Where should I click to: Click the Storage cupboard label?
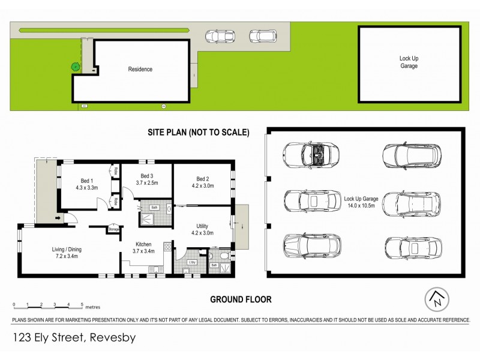click(113, 229)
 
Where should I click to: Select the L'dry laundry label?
click(192, 263)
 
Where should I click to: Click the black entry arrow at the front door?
click(59, 218)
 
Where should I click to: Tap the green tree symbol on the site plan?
click(75, 67)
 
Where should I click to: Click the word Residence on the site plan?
click(140, 70)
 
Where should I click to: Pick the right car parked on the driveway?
click(261, 36)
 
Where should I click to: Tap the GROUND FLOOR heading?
click(240, 299)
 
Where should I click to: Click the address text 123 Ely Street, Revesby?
click(73, 338)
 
